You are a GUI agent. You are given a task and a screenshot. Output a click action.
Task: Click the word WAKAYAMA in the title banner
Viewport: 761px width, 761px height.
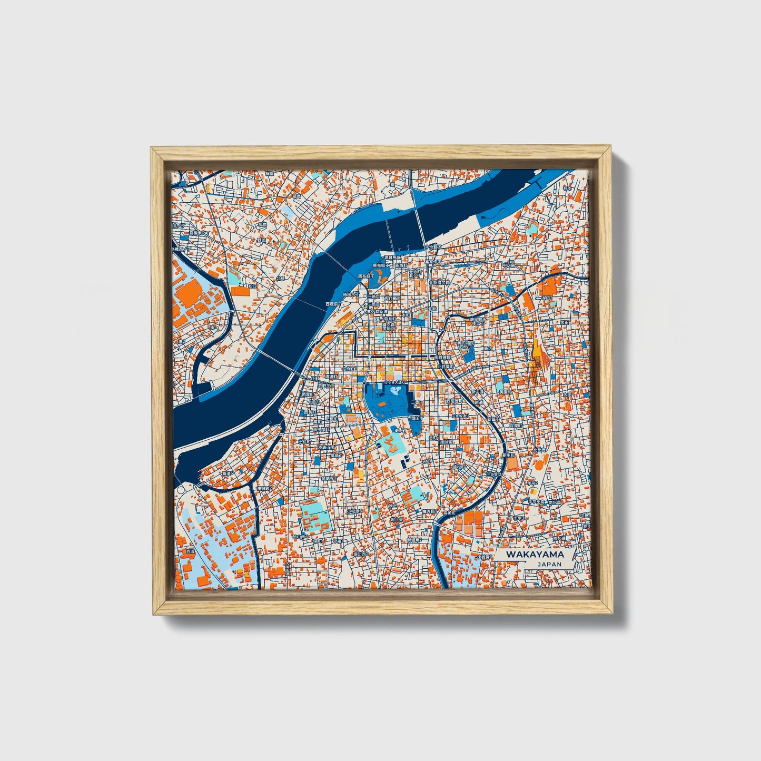point(535,554)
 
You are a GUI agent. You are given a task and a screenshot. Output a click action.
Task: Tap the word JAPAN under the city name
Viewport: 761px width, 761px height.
point(549,564)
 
